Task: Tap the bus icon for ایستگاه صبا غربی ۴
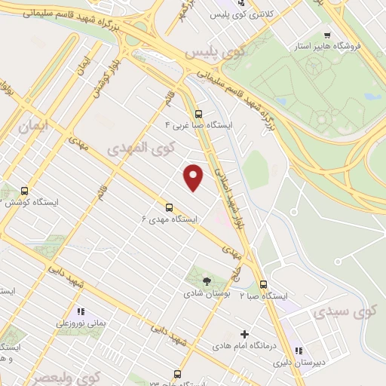point(198,115)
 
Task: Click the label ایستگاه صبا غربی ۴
point(200,126)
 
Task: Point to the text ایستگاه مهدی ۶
point(169,219)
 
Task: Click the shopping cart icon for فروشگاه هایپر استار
point(326,35)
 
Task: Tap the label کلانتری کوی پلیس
point(273,14)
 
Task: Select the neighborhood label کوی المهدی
point(142,147)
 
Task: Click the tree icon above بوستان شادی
point(207,281)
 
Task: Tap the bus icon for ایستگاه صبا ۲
point(263,285)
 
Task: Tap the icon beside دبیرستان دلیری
point(299,351)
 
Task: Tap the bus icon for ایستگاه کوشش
point(25,191)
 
